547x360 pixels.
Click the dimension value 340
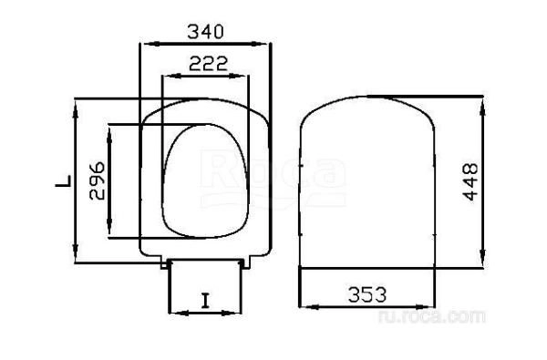206,31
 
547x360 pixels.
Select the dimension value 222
206,64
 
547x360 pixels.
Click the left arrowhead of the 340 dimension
142,42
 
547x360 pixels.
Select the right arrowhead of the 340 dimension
270,42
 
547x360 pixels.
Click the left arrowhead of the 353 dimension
304,306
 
